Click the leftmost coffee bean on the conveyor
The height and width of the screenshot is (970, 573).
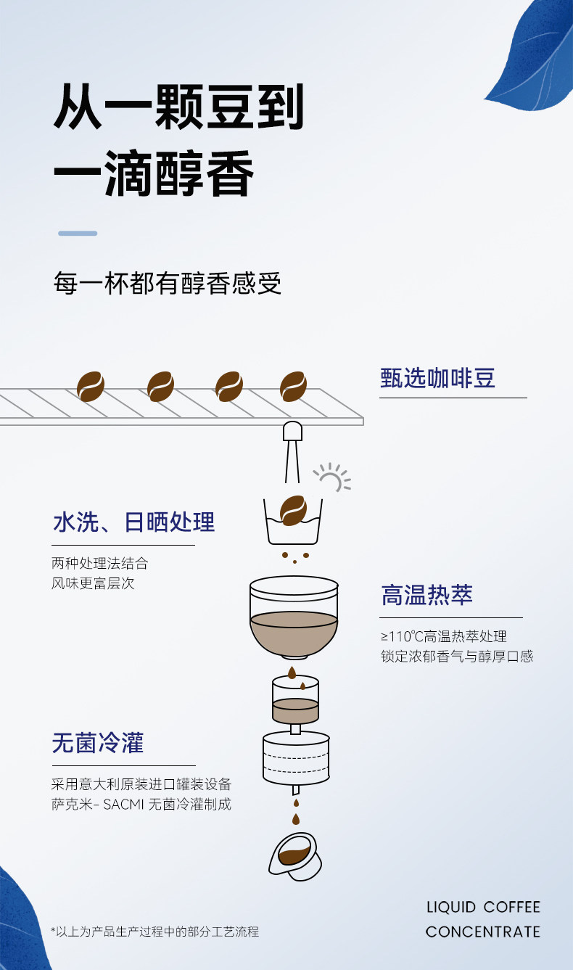[x=91, y=386]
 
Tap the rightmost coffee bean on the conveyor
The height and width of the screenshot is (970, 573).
[x=294, y=386]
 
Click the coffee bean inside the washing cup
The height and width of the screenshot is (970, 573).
[x=294, y=511]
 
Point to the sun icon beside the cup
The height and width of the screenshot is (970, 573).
[x=332, y=478]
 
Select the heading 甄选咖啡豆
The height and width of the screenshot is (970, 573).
[x=437, y=378]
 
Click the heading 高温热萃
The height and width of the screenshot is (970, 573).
[x=426, y=595]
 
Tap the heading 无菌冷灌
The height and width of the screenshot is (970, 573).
[x=98, y=743]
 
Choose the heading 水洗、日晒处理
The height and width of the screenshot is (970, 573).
[x=133, y=522]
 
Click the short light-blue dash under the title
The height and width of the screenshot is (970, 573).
[x=78, y=234]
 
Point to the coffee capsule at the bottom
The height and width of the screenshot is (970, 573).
[x=294, y=857]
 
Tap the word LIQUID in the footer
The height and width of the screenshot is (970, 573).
[x=451, y=907]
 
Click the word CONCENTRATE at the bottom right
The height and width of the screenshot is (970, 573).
[x=483, y=932]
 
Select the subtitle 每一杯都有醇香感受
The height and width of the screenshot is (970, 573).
[x=167, y=284]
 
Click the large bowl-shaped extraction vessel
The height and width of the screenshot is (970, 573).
[x=294, y=617]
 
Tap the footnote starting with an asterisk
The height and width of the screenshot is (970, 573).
[x=154, y=932]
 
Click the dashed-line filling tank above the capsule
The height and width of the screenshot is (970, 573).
[x=296, y=758]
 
